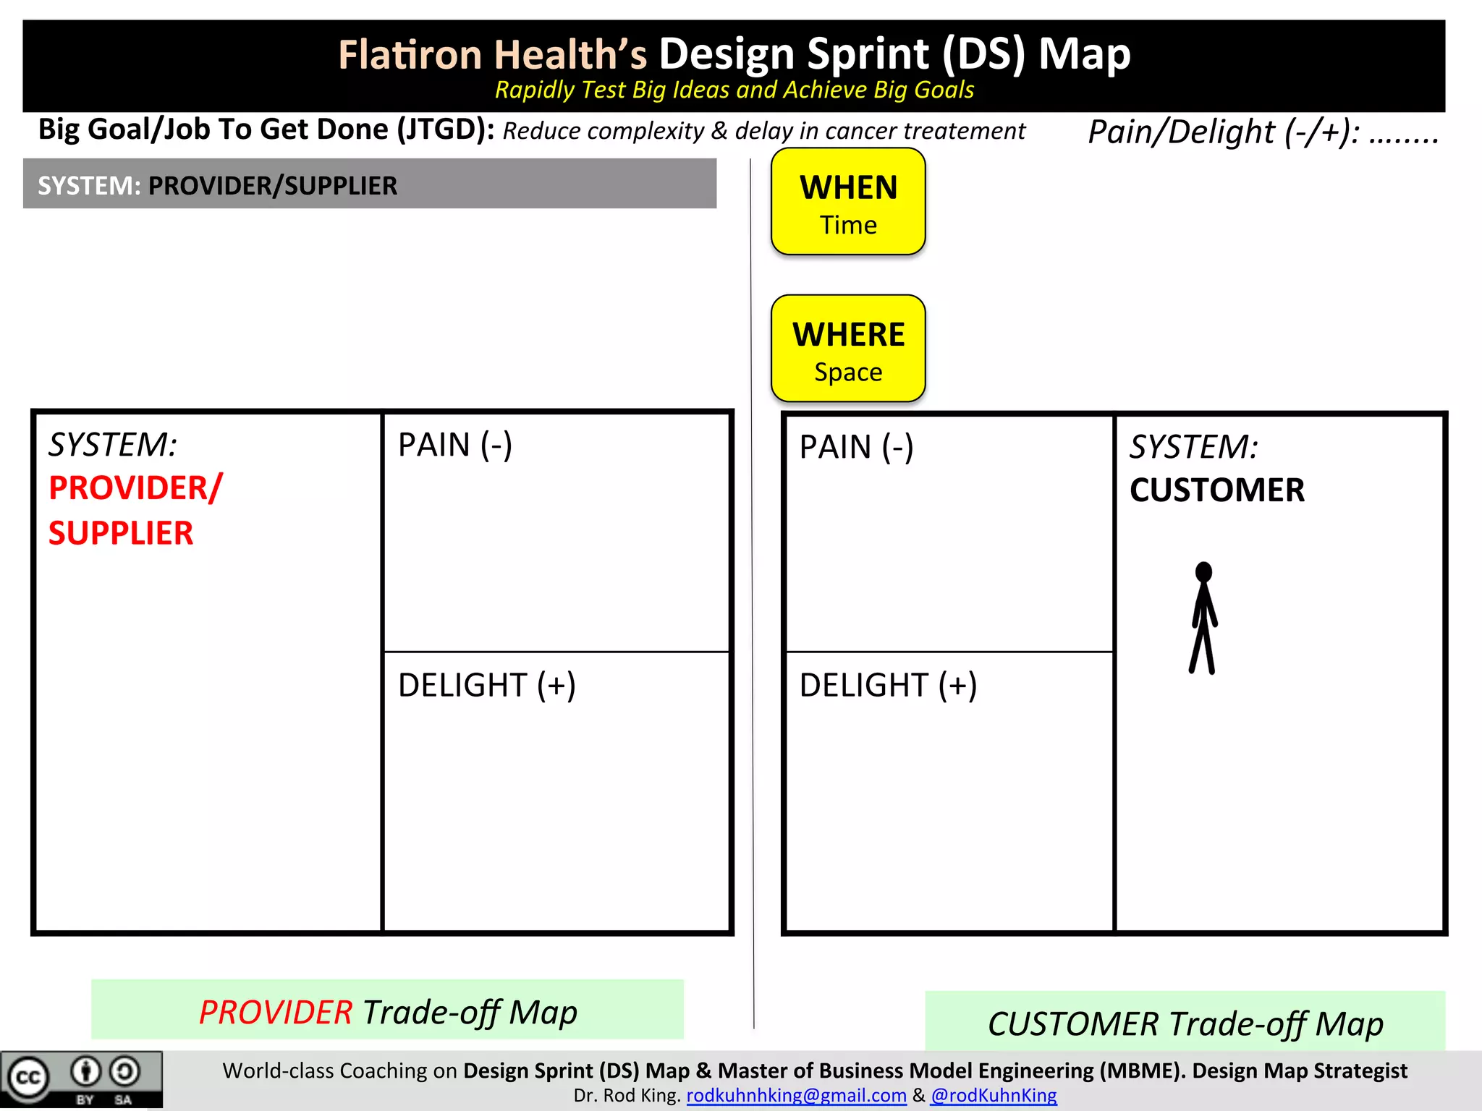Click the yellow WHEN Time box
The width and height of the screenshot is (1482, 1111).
tap(848, 202)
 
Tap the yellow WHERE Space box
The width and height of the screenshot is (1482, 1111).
tap(848, 349)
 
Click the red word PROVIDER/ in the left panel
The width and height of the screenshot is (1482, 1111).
tap(135, 488)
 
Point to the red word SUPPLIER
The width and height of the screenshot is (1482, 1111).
tap(121, 534)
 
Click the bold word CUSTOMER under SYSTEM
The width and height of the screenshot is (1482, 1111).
tap(1217, 490)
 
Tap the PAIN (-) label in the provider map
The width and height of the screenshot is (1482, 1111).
tap(455, 445)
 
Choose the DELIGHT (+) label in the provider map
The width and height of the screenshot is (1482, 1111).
tap(486, 685)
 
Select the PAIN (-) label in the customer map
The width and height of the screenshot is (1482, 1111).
tap(856, 447)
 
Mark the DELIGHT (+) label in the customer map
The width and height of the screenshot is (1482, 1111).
tap(888, 685)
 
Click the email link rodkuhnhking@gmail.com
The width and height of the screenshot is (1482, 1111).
tap(796, 1096)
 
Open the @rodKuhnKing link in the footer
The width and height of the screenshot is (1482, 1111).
tap(994, 1096)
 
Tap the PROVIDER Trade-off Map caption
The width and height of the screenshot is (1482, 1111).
tap(388, 1012)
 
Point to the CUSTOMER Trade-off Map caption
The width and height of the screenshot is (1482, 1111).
tap(1185, 1023)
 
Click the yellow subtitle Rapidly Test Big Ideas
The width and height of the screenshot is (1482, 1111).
tap(734, 90)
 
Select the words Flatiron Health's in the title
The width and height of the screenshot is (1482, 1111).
tap(492, 55)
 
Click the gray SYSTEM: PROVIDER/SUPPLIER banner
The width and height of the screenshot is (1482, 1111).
tap(369, 185)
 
